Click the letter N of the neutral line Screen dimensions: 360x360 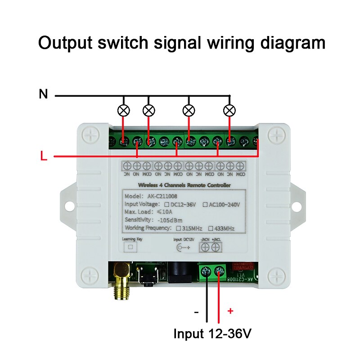click(x=43, y=94)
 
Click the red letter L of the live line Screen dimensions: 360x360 click(x=43, y=157)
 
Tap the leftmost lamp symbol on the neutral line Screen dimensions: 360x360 click(x=123, y=110)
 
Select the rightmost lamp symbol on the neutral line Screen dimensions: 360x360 click(x=230, y=110)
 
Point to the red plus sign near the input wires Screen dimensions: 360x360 click(x=231, y=311)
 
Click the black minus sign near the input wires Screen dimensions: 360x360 click(x=196, y=312)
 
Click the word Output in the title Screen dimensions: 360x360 click(x=68, y=43)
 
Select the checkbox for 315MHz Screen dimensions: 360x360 click(x=177, y=228)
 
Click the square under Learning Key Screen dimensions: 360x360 click(x=131, y=247)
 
